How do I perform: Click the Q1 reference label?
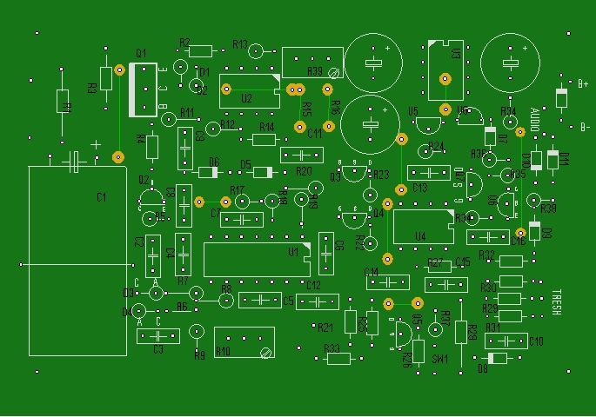(141, 52)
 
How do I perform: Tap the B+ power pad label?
(583, 83)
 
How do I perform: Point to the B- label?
(585, 126)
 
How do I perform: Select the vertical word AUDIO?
(535, 121)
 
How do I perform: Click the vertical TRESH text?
(557, 301)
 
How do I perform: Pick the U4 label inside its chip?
(420, 236)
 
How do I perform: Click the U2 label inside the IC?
(246, 99)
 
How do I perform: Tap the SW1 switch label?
(440, 358)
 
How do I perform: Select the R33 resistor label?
(331, 347)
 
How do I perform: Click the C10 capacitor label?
(536, 341)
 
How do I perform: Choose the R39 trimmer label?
(314, 71)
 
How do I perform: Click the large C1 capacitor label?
(102, 198)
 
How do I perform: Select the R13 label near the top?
(240, 44)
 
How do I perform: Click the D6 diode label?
(214, 162)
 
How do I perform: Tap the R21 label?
(325, 328)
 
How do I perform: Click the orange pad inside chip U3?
(445, 79)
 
